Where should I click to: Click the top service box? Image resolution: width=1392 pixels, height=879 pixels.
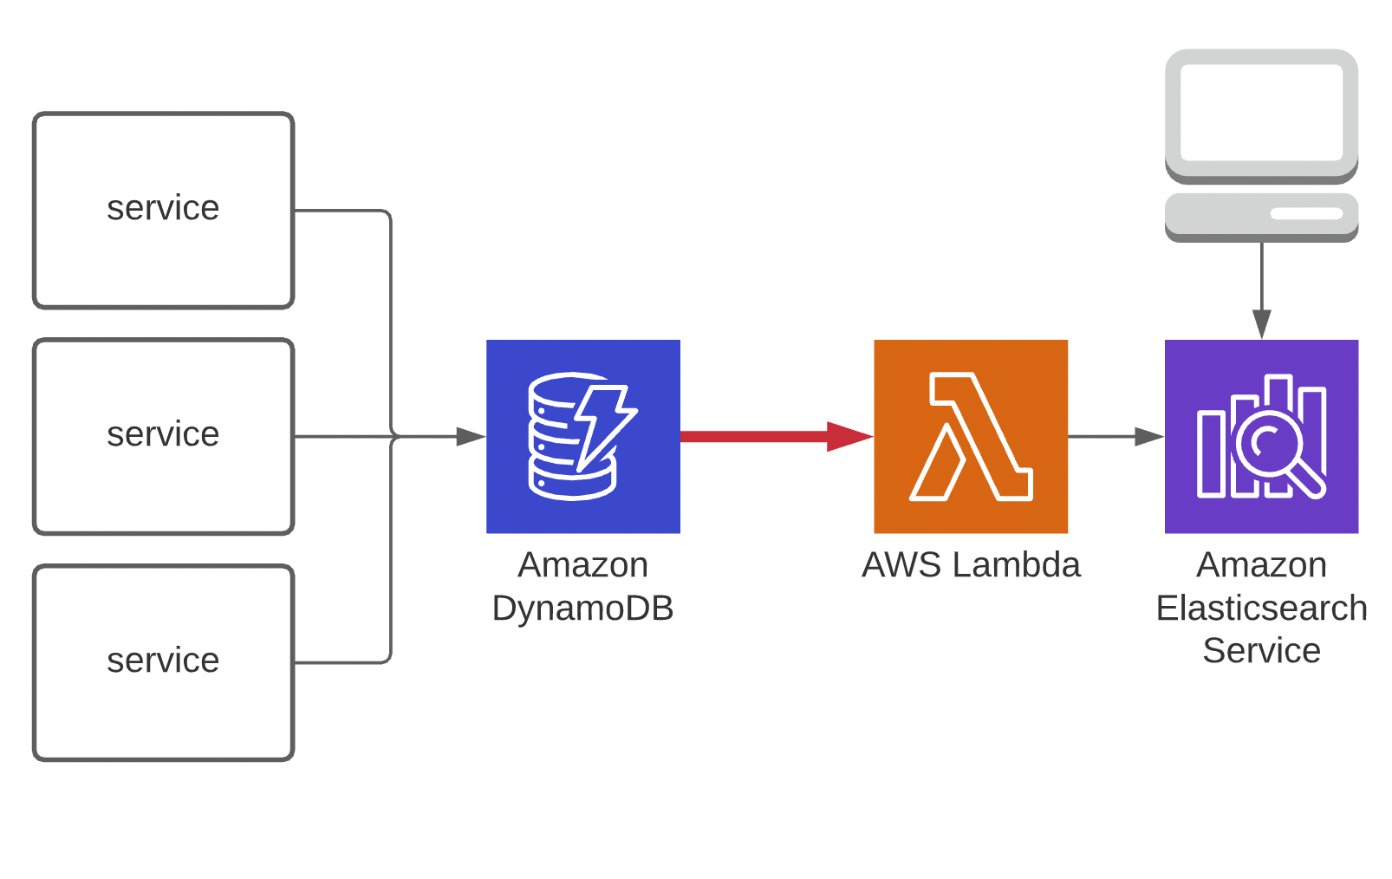(x=163, y=210)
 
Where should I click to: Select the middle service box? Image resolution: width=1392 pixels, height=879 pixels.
(x=163, y=436)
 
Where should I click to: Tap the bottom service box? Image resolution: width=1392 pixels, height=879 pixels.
(x=163, y=662)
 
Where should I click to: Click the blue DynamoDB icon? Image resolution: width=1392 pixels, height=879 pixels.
(x=582, y=436)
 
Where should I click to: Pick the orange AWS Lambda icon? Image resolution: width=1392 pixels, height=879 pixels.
(x=970, y=436)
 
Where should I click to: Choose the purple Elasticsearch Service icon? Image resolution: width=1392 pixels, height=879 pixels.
(x=1261, y=436)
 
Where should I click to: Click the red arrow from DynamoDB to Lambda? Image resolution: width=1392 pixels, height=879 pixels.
(x=763, y=436)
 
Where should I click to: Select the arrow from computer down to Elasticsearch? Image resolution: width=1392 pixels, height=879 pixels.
(x=1261, y=286)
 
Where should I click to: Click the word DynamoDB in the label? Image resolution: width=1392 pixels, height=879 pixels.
(x=582, y=609)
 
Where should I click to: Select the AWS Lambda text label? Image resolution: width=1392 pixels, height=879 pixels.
(x=970, y=565)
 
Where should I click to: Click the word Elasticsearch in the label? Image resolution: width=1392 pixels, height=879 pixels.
(x=1261, y=609)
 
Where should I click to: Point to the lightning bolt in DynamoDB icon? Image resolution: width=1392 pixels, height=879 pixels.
(x=602, y=425)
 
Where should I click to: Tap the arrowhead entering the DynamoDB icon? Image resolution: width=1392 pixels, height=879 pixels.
(x=472, y=436)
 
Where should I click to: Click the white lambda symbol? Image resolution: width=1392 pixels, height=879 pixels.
(x=970, y=436)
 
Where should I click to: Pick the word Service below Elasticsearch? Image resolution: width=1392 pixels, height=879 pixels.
(x=1261, y=651)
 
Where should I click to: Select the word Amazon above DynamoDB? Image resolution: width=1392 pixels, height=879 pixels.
(x=582, y=565)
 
